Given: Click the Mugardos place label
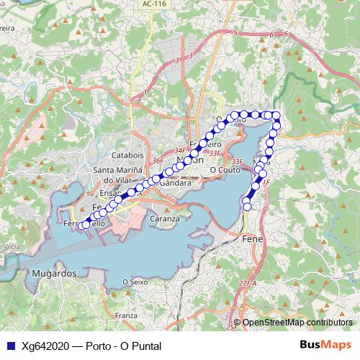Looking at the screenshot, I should click(x=54, y=274).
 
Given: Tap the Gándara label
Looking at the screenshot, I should click(x=174, y=183).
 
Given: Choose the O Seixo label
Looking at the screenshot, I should click(x=135, y=282).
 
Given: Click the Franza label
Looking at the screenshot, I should click(x=125, y=315).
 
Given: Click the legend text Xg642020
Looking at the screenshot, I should click(x=45, y=346).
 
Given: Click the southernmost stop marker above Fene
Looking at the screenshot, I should click(x=247, y=207).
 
